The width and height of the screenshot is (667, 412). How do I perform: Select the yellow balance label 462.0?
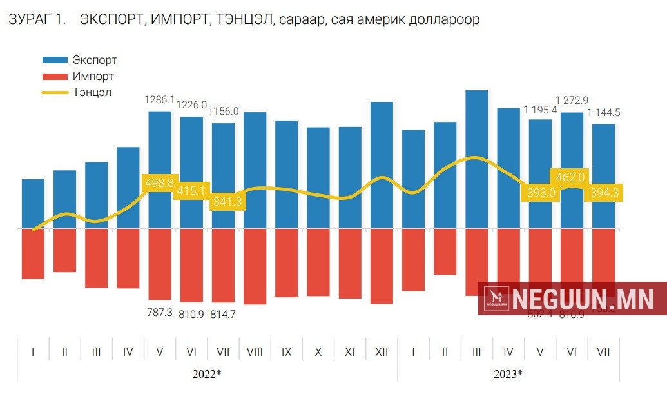570,177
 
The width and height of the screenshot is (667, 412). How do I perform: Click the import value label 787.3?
160,312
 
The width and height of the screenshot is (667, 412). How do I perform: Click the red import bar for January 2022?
33,253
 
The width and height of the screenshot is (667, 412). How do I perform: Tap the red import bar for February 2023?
445,251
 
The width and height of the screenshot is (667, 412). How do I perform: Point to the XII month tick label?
382,353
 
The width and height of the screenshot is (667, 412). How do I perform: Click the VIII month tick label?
255,353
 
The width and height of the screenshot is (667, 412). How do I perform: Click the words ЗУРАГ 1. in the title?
37,20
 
